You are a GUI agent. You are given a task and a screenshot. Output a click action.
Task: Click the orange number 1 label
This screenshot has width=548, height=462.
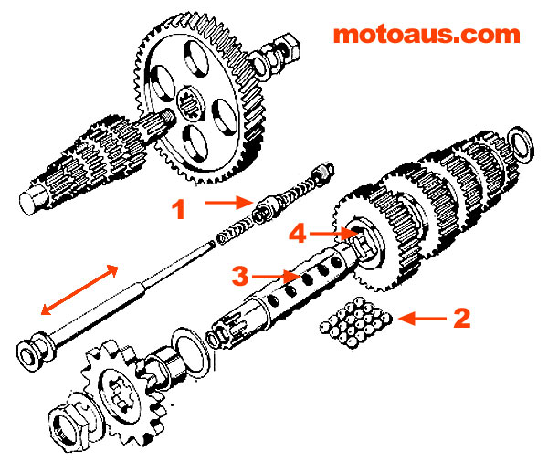[x=179, y=210]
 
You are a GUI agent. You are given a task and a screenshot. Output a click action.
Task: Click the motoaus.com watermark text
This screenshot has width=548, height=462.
[x=426, y=35]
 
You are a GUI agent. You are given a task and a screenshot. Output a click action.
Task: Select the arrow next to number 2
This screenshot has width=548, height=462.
[x=423, y=319]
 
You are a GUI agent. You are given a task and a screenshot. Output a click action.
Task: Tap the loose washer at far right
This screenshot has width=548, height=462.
[x=523, y=142]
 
